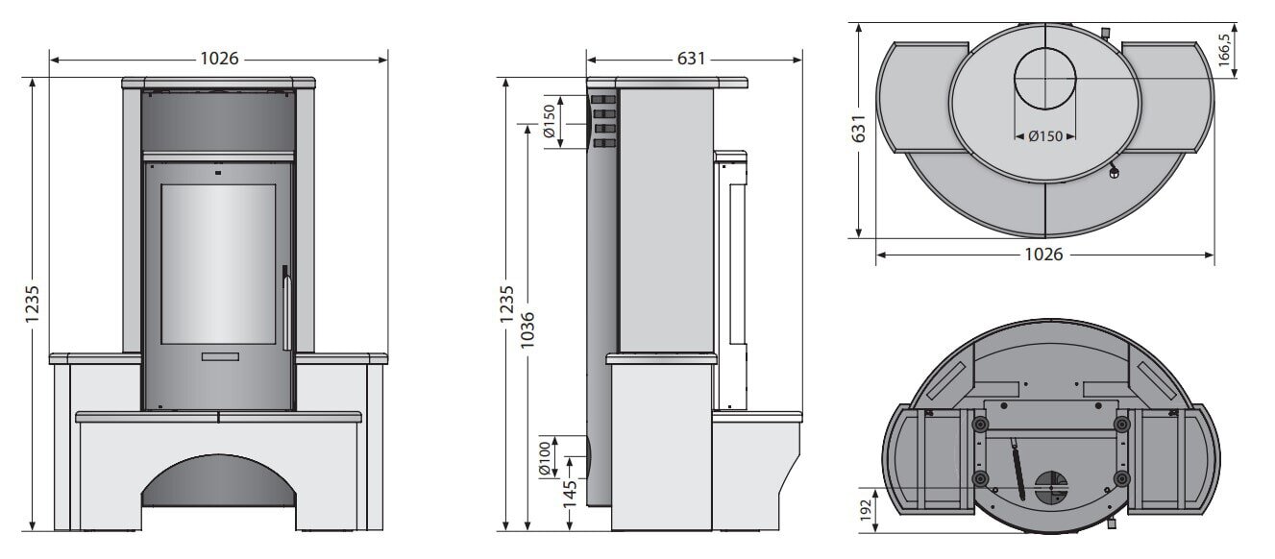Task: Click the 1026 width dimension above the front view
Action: pyautogui.click(x=219, y=59)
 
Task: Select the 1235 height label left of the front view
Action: pyautogui.click(x=32, y=304)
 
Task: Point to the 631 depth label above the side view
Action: pyautogui.click(x=692, y=59)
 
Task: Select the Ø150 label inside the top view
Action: pyautogui.click(x=1044, y=136)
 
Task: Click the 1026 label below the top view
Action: pyautogui.click(x=1043, y=255)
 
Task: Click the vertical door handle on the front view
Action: pyautogui.click(x=285, y=307)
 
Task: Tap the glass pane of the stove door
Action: pyautogui.click(x=218, y=261)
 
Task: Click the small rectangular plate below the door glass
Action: pyautogui.click(x=219, y=356)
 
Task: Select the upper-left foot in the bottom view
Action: pyautogui.click(x=979, y=424)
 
